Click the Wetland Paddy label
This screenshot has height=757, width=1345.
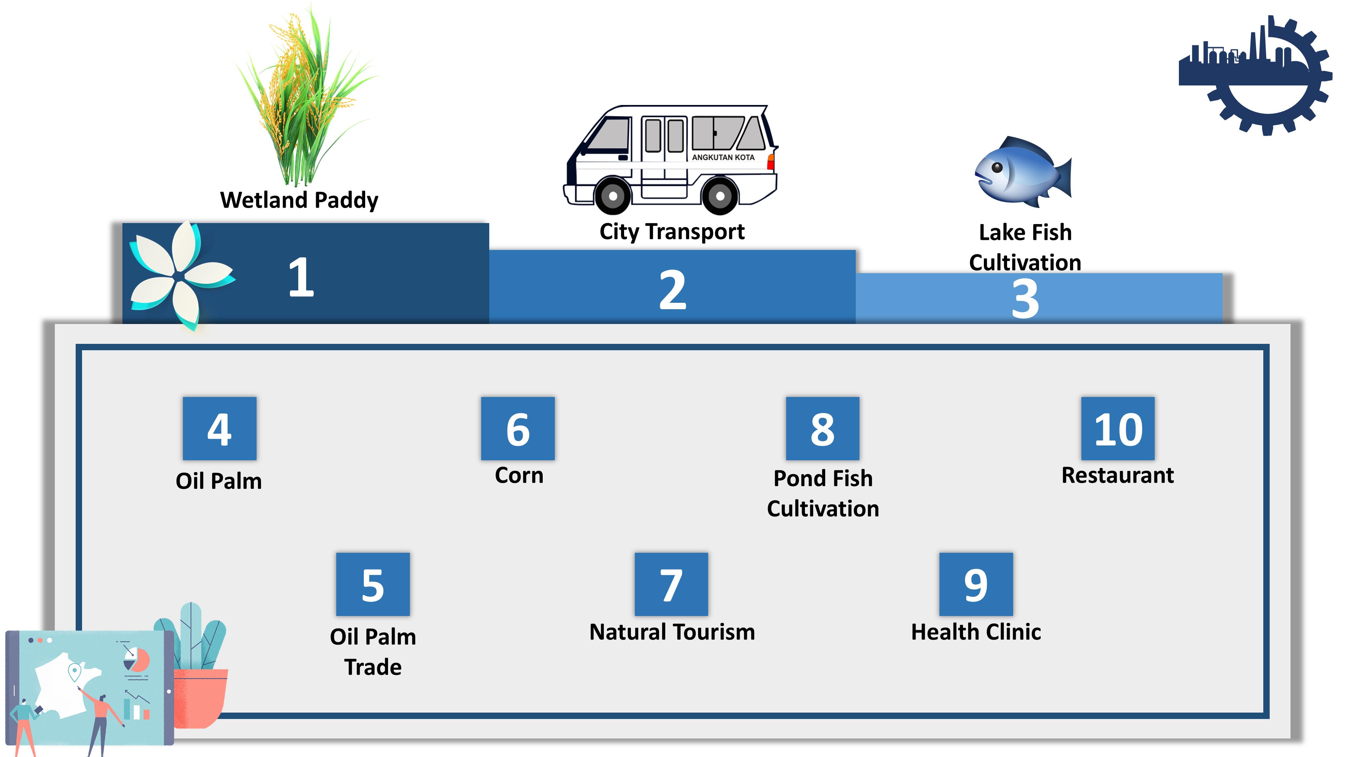(x=299, y=201)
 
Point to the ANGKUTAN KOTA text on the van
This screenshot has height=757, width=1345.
(x=723, y=157)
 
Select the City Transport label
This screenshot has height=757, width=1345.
(x=672, y=231)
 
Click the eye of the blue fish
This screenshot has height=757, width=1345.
(x=997, y=168)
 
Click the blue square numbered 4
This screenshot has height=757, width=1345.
(x=219, y=428)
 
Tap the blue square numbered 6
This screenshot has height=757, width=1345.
(x=518, y=428)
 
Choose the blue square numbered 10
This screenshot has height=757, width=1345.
(x=1118, y=428)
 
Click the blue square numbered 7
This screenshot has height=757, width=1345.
(x=671, y=584)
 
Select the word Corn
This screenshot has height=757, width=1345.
(x=519, y=475)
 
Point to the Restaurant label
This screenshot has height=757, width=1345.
(x=1117, y=475)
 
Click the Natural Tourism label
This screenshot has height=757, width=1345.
(x=672, y=632)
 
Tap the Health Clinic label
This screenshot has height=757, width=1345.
(x=976, y=632)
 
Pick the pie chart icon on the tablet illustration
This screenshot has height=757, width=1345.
(x=137, y=659)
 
